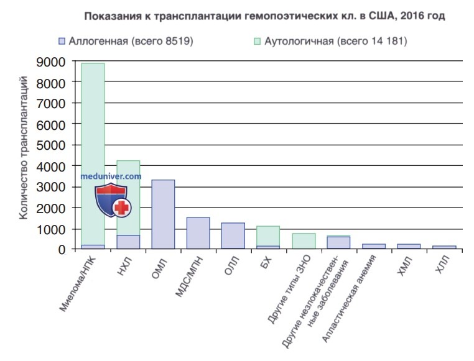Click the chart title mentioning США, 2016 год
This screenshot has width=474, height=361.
(264, 16)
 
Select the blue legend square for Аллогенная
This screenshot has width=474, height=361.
(62, 41)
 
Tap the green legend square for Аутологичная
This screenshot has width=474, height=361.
(257, 41)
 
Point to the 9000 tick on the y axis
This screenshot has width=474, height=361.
(51, 62)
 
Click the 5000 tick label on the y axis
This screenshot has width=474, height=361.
(51, 145)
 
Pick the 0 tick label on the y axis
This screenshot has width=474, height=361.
(62, 250)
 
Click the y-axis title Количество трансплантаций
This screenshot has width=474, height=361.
(23, 148)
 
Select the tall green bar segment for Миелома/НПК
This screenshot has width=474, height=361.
(93, 154)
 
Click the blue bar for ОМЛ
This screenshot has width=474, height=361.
(163, 214)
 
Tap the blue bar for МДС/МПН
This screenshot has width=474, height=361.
(198, 233)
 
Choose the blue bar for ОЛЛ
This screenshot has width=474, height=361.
(233, 235)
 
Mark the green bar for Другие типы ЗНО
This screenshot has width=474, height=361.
(304, 241)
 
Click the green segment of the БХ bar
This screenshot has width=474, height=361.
(268, 236)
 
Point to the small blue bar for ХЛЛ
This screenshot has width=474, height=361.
(444, 247)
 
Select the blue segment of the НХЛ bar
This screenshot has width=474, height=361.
(128, 242)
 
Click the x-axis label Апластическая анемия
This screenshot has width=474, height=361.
(349, 299)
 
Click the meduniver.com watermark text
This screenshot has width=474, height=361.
(111, 176)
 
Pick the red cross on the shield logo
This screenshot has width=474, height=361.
(121, 208)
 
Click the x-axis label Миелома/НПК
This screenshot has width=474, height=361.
(78, 285)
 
